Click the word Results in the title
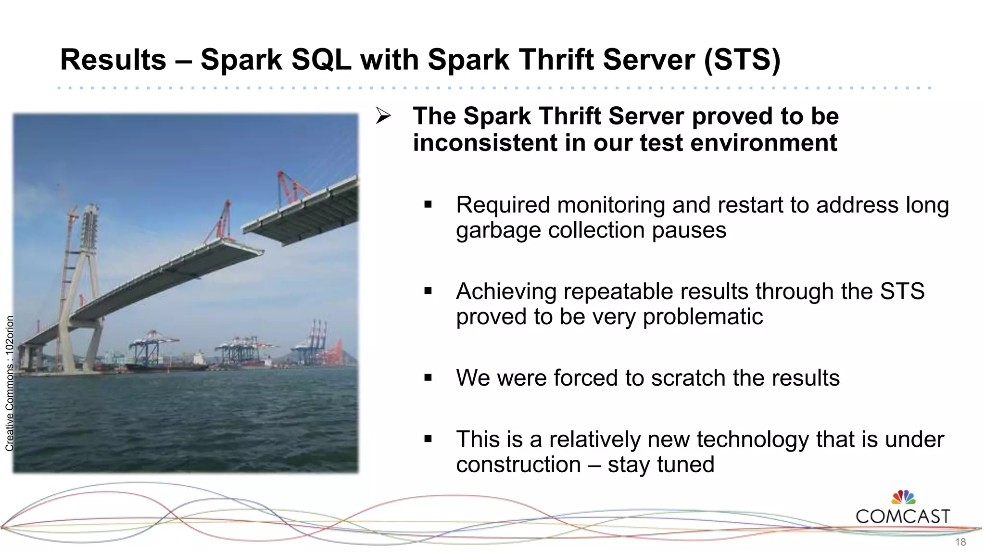coord(113,60)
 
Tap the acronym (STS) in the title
coord(742,60)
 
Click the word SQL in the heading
coord(321,60)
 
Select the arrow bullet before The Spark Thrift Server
coord(383,116)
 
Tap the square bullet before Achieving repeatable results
coord(428,291)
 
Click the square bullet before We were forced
coord(428,378)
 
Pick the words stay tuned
coord(661,465)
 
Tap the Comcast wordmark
coord(903,516)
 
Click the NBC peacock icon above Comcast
coord(903,497)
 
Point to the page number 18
coord(960,542)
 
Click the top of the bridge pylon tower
coord(90,212)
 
